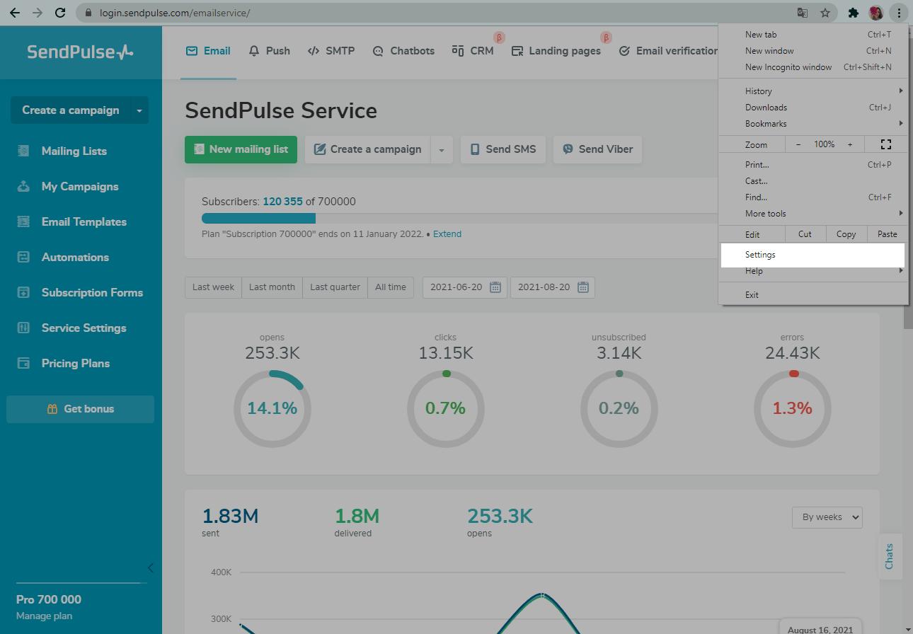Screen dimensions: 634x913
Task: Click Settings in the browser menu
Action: (x=761, y=255)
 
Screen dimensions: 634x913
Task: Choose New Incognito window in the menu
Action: (x=788, y=67)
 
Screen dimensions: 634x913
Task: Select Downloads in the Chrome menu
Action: (x=766, y=108)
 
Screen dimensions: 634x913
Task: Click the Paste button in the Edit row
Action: (x=887, y=234)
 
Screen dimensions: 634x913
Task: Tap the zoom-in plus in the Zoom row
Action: (x=850, y=144)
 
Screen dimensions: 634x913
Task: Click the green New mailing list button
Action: (x=241, y=149)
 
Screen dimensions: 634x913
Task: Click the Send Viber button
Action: (x=597, y=149)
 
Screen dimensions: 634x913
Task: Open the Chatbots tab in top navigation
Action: (x=403, y=51)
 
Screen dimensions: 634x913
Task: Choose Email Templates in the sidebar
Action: (x=84, y=221)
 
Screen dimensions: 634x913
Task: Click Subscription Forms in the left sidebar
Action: (x=92, y=292)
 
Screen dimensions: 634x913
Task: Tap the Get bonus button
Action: (x=80, y=409)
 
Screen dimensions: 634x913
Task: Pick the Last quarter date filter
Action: (x=335, y=287)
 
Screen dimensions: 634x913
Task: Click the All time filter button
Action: (x=391, y=287)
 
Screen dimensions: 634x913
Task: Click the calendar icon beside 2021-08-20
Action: (x=583, y=287)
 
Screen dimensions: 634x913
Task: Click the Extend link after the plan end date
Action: (x=447, y=234)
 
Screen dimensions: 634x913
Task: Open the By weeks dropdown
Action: (x=827, y=517)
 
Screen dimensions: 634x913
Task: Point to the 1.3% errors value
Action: (x=793, y=408)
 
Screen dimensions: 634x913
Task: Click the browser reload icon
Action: (x=60, y=13)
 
